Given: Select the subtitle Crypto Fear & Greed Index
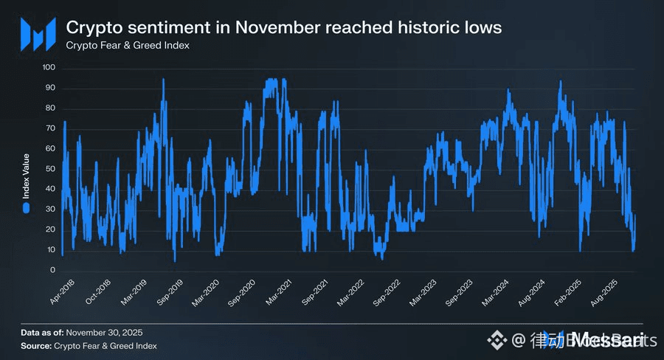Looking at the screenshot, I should tap(128, 46).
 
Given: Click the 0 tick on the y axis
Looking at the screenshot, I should tap(53, 270).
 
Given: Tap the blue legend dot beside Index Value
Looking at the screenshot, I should tap(26, 209).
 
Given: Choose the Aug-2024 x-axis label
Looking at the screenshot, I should tap(530, 292).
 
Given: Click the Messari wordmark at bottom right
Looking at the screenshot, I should tap(604, 339).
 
